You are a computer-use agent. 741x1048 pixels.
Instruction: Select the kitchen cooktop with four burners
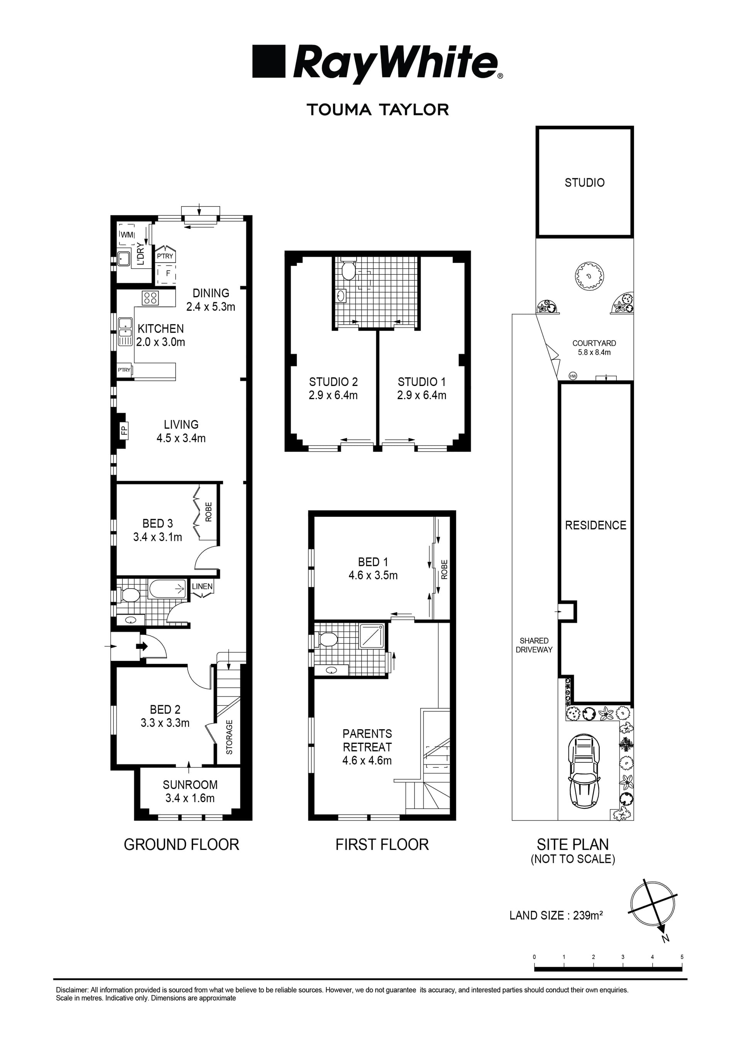[x=150, y=298]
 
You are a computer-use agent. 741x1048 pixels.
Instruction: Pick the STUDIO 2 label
[x=333, y=382]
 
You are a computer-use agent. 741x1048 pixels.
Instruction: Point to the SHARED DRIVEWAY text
[x=534, y=645]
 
